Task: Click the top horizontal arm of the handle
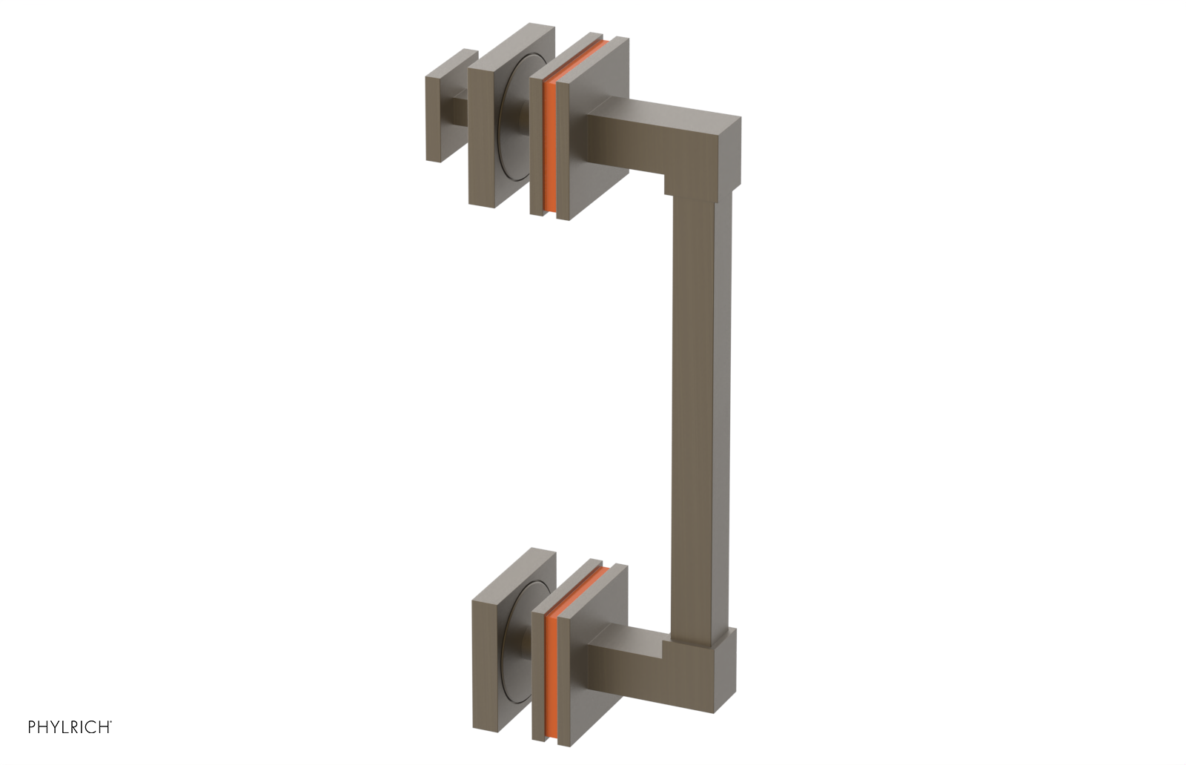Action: point(652,137)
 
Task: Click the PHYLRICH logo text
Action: point(70,726)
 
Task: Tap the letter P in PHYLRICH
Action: point(32,726)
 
